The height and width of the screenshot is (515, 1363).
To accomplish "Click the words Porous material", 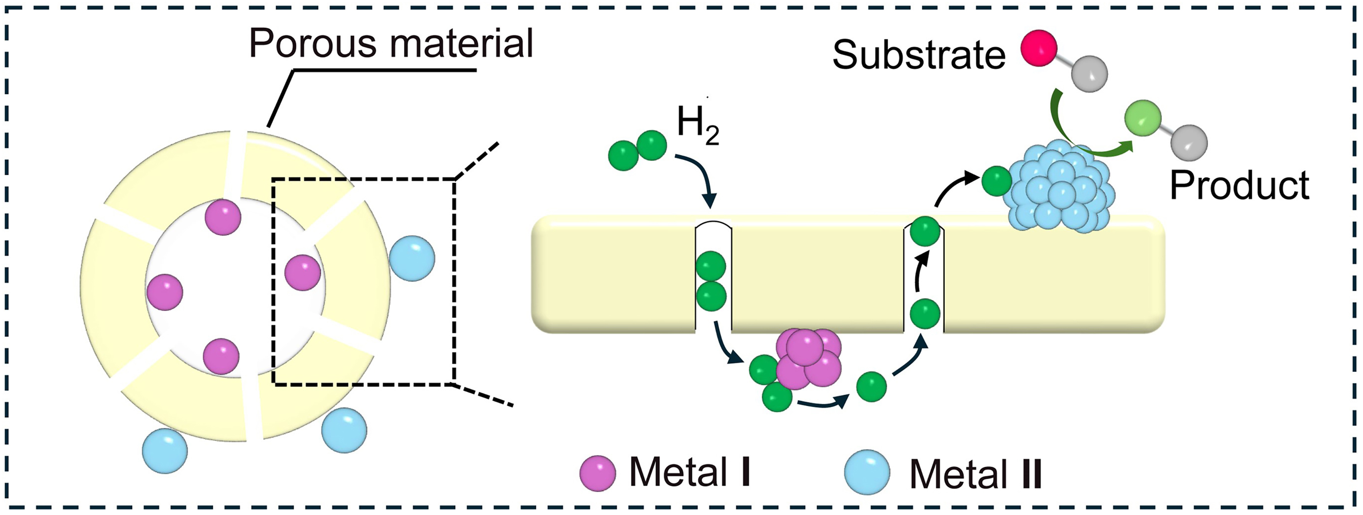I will [390, 43].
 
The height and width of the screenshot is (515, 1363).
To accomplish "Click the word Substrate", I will [919, 55].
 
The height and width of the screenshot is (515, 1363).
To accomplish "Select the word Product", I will [1239, 185].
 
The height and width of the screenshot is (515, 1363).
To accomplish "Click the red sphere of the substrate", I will [1039, 48].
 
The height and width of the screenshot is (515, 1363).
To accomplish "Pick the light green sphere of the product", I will [1143, 117].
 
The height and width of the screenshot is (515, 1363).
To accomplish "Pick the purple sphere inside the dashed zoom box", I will [303, 273].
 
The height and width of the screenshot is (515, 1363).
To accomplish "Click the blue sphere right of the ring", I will [412, 258].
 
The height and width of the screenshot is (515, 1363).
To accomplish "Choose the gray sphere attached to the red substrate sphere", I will [1089, 74].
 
